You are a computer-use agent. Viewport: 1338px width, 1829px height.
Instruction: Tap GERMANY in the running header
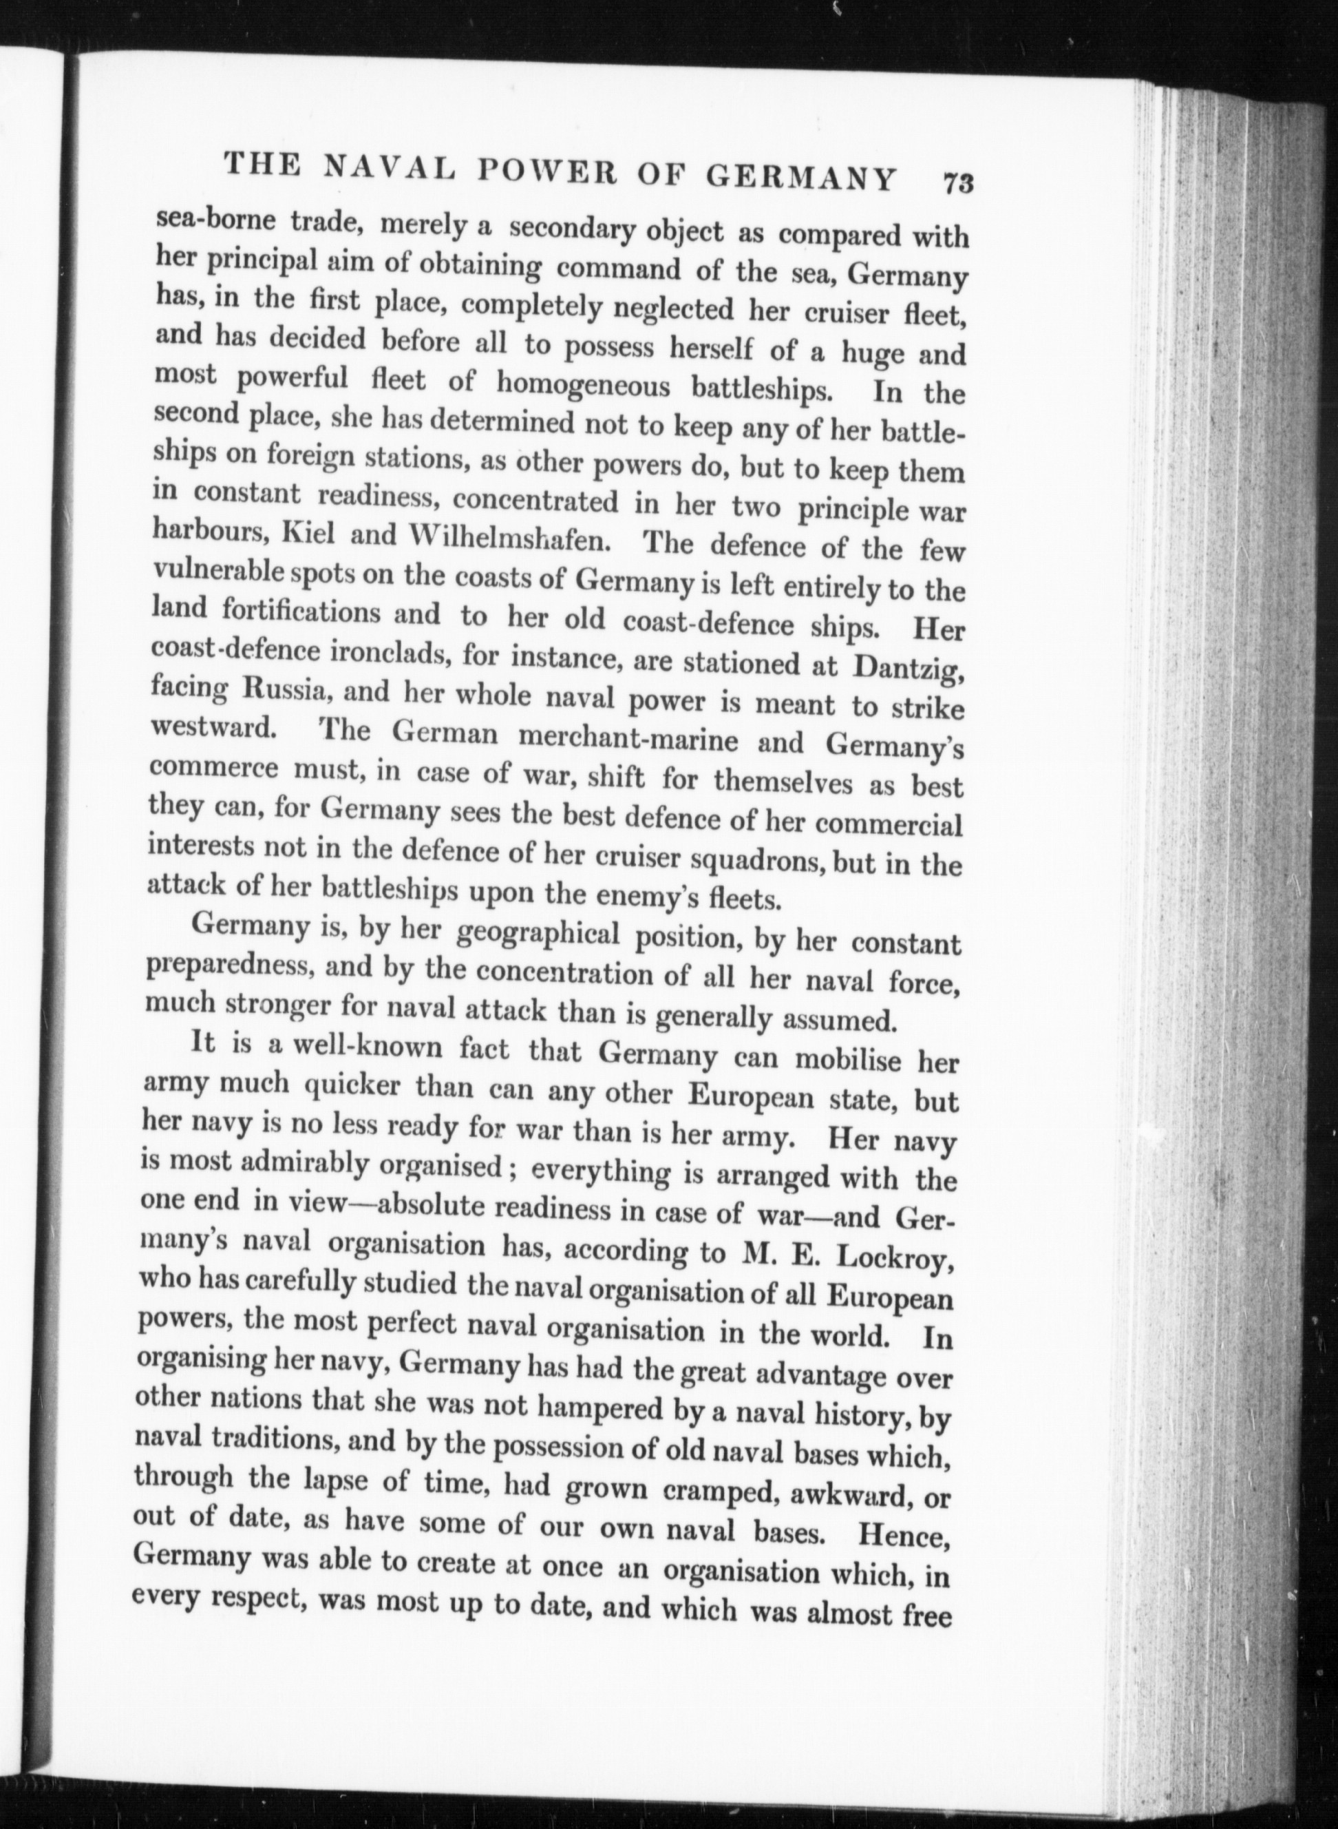(x=801, y=177)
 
